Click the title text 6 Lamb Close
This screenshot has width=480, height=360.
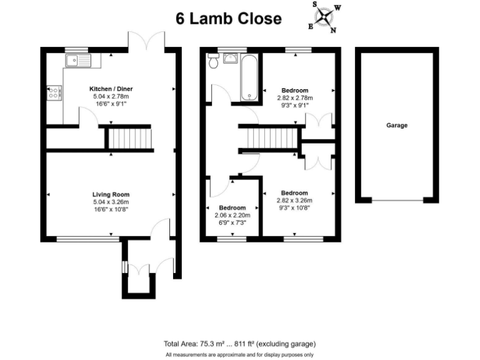pos(228,18)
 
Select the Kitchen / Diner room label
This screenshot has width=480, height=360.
pos(111,89)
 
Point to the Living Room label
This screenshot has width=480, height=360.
pos(111,194)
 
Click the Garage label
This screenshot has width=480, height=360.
pos(397,126)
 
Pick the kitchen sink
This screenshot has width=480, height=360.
pos(77,61)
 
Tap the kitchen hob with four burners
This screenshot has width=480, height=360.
pos(53,92)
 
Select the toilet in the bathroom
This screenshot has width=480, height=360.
pos(214,61)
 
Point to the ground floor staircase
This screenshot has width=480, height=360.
pos(127,137)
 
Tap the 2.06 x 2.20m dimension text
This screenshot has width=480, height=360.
pos(232,215)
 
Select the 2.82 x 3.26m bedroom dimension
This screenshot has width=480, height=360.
pos(294,201)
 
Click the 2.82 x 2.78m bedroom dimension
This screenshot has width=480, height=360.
pos(294,97)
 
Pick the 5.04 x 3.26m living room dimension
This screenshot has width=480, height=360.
pos(111,202)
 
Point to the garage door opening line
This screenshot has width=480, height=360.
pos(397,200)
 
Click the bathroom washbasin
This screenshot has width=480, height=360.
pos(230,58)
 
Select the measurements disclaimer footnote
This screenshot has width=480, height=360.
pos(239,355)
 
